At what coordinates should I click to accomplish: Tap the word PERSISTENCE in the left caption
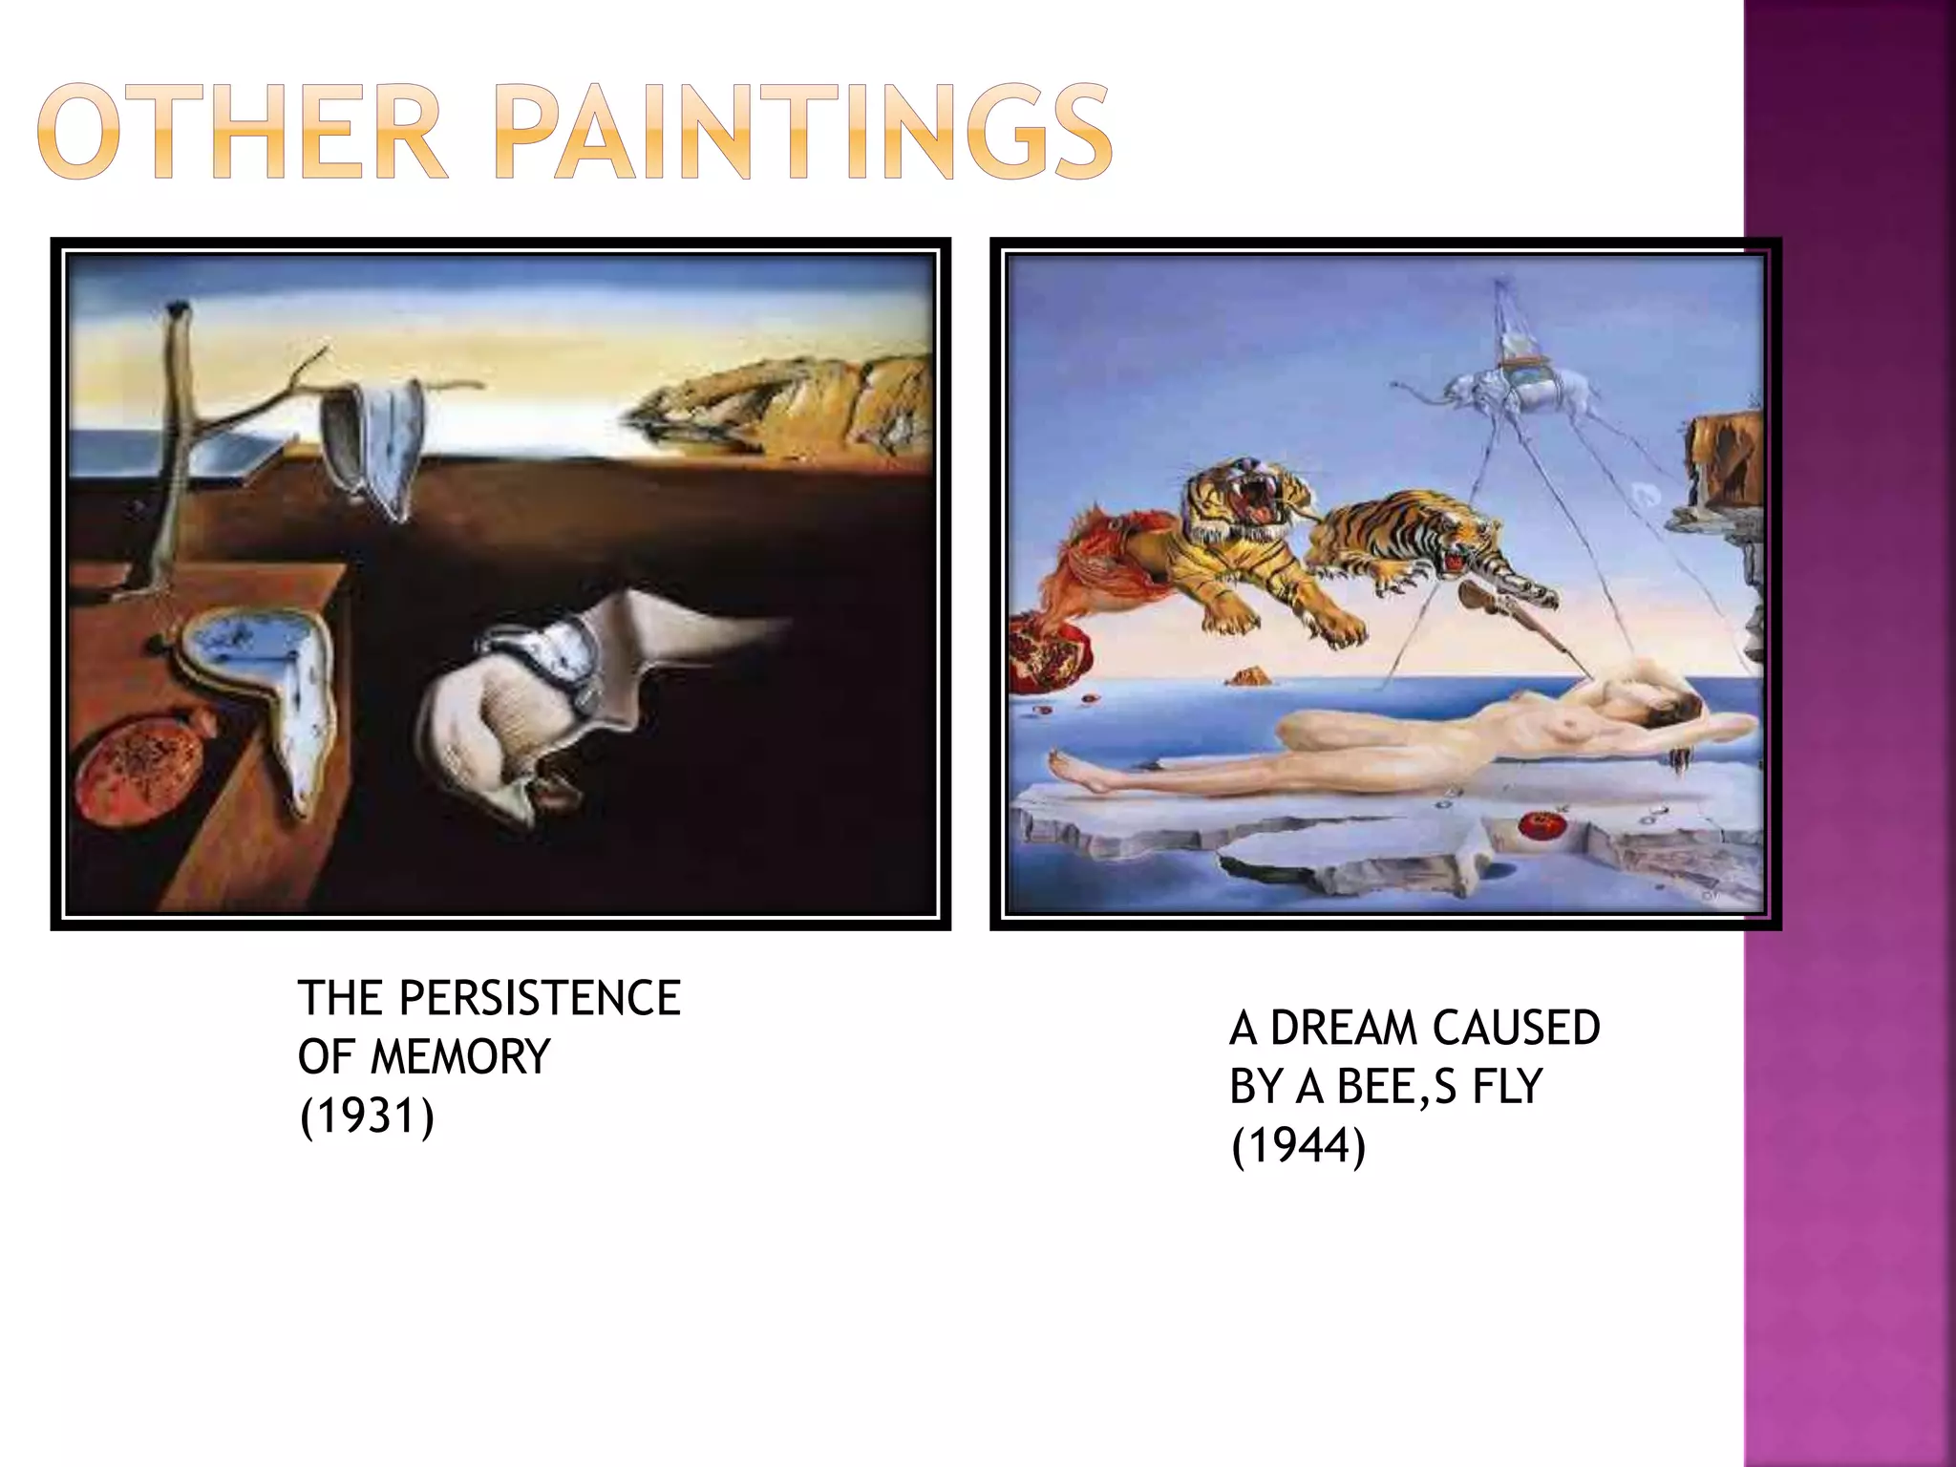pyautogui.click(x=540, y=999)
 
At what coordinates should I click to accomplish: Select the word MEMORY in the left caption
pyautogui.click(x=460, y=1057)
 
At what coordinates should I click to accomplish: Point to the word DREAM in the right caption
pyautogui.click(x=1331, y=1029)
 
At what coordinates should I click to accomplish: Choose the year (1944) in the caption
pyautogui.click(x=1299, y=1145)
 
